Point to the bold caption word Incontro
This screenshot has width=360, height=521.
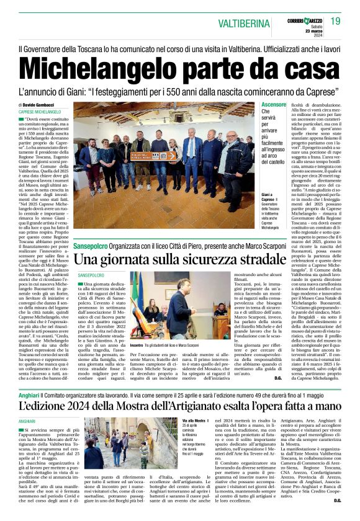click(x=138, y=345)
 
